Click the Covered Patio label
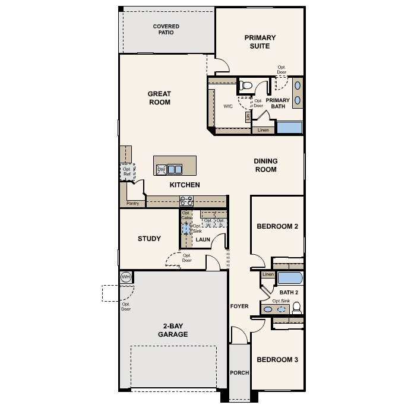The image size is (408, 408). [166, 30]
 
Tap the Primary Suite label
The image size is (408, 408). [260, 42]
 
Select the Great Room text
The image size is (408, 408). [159, 98]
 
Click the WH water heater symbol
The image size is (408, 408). [125, 277]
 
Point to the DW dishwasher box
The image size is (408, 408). [161, 170]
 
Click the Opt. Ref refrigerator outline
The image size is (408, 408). [126, 172]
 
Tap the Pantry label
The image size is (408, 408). [132, 203]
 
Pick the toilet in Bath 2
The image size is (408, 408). [296, 308]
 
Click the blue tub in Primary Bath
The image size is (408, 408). [290, 127]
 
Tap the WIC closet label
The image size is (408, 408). [227, 107]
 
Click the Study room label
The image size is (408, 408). [149, 239]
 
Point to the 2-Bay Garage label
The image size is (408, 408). [173, 330]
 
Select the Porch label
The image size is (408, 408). [239, 373]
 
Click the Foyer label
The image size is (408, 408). [239, 306]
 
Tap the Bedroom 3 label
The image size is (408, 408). [277, 359]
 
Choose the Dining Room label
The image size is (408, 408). [265, 165]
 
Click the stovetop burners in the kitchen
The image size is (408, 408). [186, 201]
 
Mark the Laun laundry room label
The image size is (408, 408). [204, 240]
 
